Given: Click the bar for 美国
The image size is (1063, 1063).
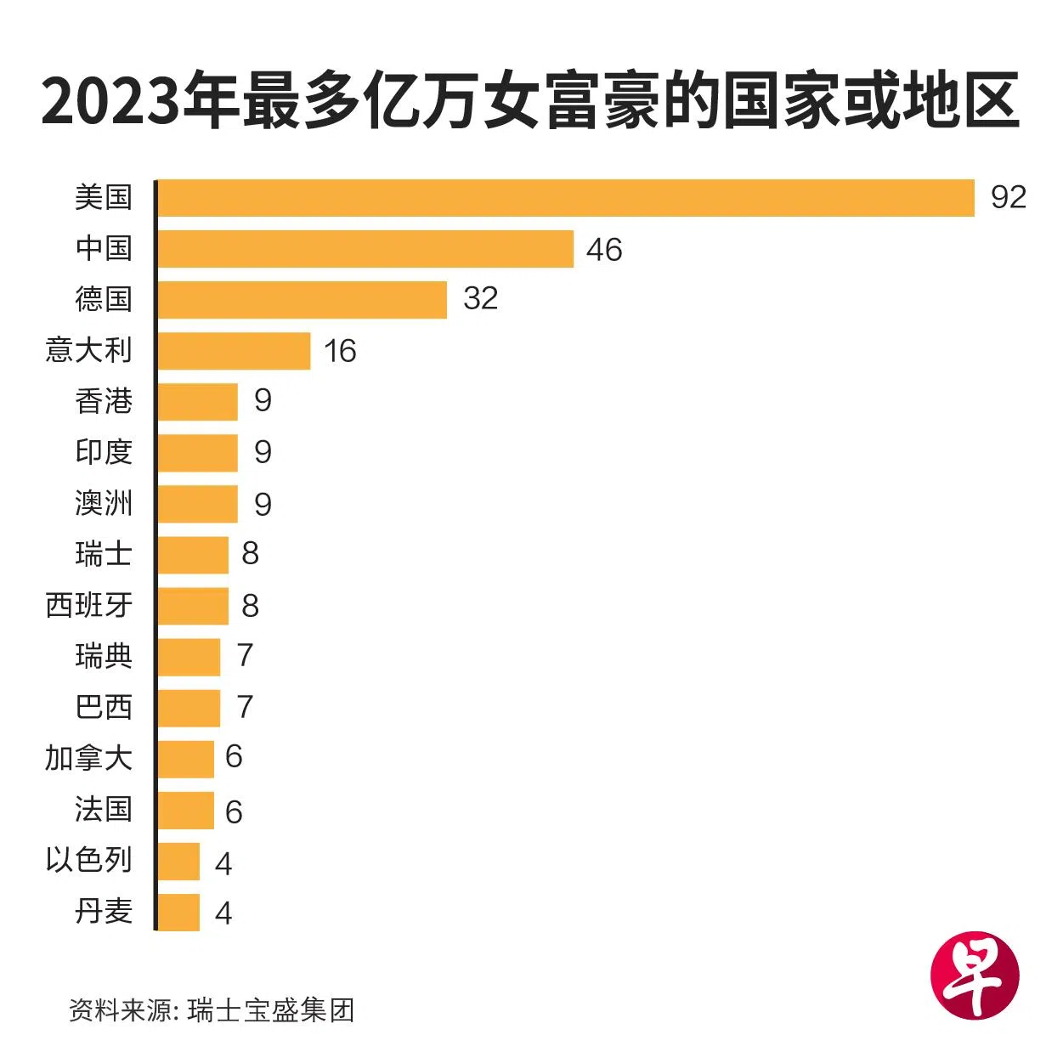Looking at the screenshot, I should [565, 198].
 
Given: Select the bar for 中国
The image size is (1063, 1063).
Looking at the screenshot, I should [365, 249].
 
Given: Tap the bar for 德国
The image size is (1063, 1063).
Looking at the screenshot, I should [302, 300].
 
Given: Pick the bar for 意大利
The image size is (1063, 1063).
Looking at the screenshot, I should [234, 351].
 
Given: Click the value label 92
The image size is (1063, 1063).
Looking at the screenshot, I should [1008, 197].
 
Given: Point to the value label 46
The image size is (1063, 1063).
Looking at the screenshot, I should [604, 250].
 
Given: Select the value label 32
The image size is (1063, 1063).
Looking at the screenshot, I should [480, 298].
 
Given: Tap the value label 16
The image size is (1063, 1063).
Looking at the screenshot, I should [340, 351].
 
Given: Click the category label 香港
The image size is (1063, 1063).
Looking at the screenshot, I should [104, 401].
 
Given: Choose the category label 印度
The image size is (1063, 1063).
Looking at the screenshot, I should [104, 452].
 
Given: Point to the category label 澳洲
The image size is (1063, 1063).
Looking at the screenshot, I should [104, 503].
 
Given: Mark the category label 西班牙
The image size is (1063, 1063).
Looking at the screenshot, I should [89, 605].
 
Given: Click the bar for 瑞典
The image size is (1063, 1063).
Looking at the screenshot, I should [189, 657].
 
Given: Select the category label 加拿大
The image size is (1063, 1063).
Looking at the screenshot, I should [89, 758].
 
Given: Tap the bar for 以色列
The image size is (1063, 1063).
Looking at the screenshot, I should [178, 861].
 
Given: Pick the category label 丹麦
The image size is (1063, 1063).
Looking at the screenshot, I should [104, 911].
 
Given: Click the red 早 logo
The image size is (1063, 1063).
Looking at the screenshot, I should [975, 974].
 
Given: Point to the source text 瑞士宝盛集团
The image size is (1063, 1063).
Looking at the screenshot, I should [271, 1010].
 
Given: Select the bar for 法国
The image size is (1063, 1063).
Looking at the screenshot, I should [185, 810].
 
